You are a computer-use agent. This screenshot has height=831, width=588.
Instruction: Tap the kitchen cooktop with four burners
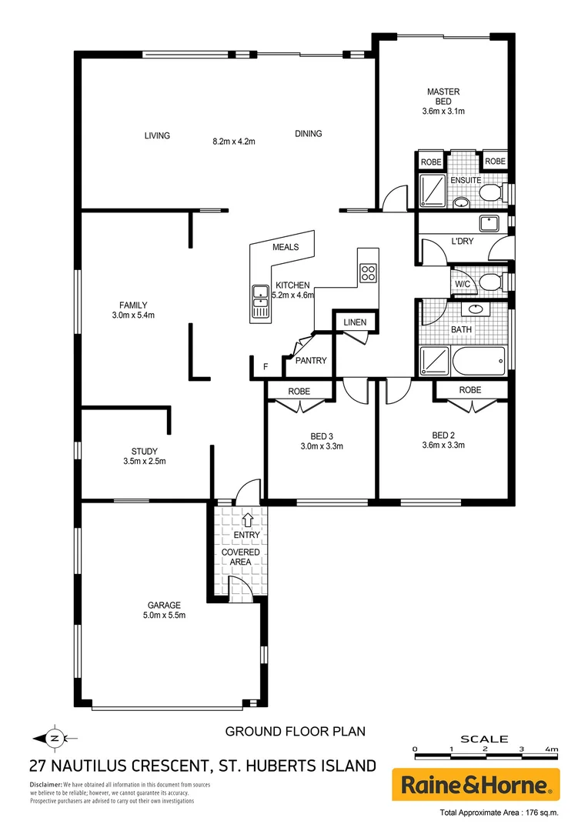click(x=368, y=272)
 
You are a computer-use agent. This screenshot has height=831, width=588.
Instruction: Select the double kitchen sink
click(x=259, y=303)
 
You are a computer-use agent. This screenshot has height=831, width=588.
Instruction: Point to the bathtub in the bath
click(x=478, y=359)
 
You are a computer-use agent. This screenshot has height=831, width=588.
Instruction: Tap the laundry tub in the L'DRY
click(x=489, y=224)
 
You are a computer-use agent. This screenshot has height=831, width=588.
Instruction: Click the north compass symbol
click(x=53, y=737)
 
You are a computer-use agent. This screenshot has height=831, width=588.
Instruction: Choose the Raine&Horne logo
click(x=476, y=785)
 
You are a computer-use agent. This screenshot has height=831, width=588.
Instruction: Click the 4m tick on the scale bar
click(x=551, y=748)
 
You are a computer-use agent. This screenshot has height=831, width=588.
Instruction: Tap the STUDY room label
click(x=143, y=452)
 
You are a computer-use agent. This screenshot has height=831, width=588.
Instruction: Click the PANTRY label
click(x=311, y=360)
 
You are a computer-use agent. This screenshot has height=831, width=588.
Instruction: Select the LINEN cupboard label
click(x=355, y=322)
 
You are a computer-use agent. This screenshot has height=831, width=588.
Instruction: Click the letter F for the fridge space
click(x=266, y=367)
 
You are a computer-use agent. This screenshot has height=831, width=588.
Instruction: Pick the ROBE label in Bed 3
click(x=299, y=391)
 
